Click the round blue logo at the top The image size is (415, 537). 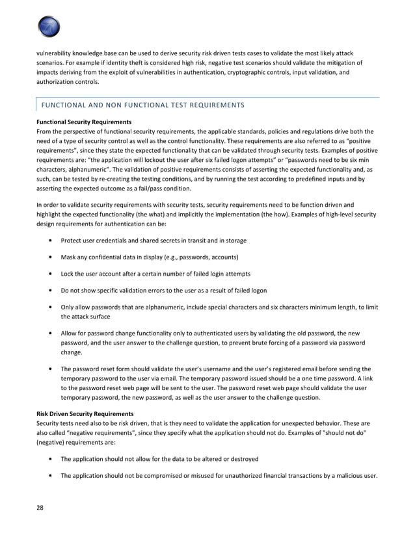pyautogui.click(x=49, y=27)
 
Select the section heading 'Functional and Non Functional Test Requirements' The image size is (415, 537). pyautogui.click(x=142, y=105)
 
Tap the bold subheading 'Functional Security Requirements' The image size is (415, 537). pyautogui.click(x=84, y=122)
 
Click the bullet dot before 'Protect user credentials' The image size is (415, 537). pyautogui.click(x=51, y=240)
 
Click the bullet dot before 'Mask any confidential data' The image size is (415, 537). pyautogui.click(x=51, y=257)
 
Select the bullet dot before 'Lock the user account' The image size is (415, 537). pyautogui.click(x=51, y=273)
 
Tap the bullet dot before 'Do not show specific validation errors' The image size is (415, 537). pyautogui.click(x=51, y=290)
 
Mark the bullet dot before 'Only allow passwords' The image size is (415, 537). pyautogui.click(x=51, y=307)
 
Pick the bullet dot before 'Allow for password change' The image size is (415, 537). pyautogui.click(x=51, y=333)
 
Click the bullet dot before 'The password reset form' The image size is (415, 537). pyautogui.click(x=51, y=368)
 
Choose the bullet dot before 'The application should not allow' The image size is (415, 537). pyautogui.click(x=51, y=458)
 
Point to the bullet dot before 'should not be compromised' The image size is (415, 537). pyautogui.click(x=51, y=475)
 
